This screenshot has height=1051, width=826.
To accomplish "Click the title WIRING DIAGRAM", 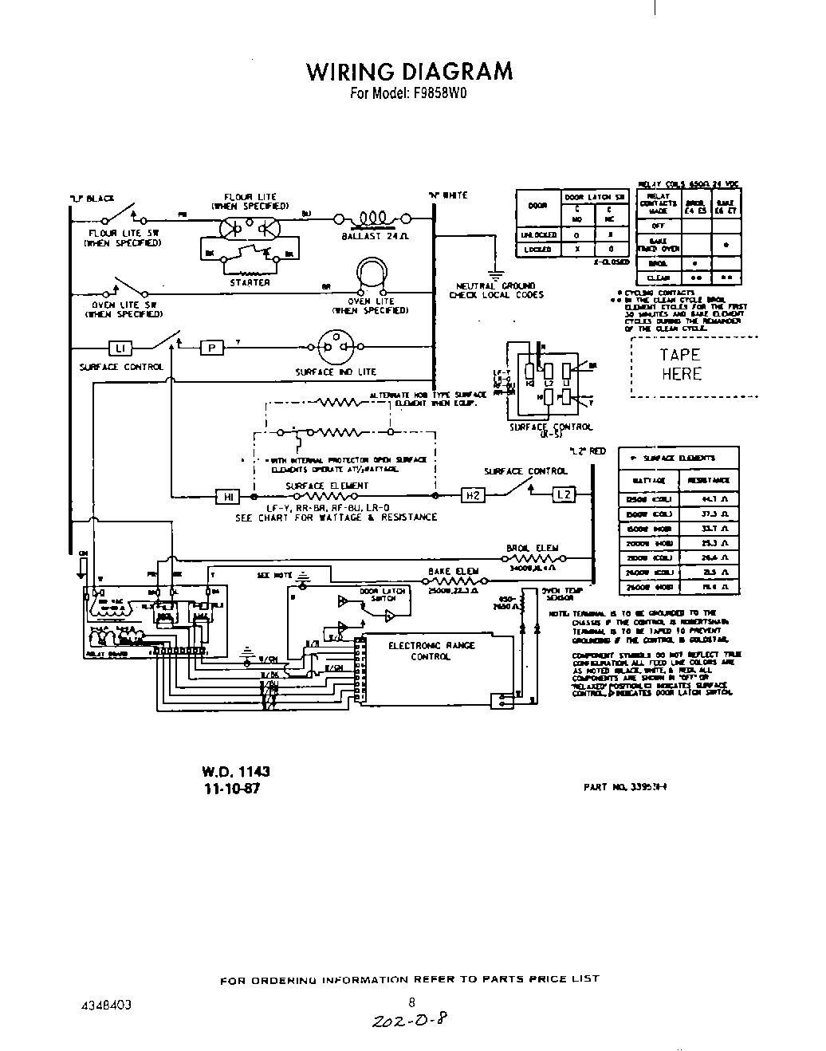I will (409, 71).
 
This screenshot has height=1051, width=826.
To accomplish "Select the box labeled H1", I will (227, 496).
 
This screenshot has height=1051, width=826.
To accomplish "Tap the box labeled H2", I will (473, 496).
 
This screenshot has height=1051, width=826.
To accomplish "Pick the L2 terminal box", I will (564, 495).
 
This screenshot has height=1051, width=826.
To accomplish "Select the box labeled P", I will (211, 348).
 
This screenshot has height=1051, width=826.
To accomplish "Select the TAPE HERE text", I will (680, 364).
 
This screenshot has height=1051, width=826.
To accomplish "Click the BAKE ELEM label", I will (452, 571).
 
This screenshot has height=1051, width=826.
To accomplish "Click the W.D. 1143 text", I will (236, 771).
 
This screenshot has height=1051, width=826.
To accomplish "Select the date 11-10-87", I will (230, 788).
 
